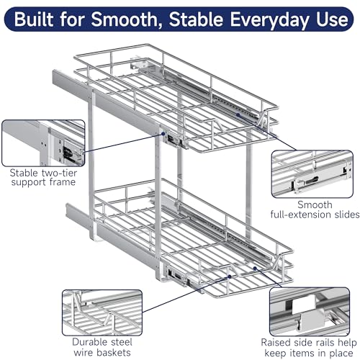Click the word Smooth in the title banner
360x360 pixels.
click(124, 19)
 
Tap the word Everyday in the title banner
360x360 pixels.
click(269, 20)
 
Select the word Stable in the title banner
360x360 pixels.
click(196, 19)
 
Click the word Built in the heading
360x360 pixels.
click(35, 19)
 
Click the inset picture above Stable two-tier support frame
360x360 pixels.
click(43, 143)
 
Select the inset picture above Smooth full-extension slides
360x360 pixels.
click(312, 174)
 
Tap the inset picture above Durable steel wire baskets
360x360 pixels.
click(102, 312)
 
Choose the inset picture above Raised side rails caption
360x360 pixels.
click(310, 312)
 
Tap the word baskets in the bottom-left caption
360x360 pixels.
click(114, 353)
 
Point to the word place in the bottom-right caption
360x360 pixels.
click(341, 354)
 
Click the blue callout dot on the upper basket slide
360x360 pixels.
click(238, 115)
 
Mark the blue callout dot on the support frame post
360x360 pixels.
click(163, 134)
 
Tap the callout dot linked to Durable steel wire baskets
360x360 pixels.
click(230, 276)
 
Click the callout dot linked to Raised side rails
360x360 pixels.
click(255, 269)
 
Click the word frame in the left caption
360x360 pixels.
click(63, 182)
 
